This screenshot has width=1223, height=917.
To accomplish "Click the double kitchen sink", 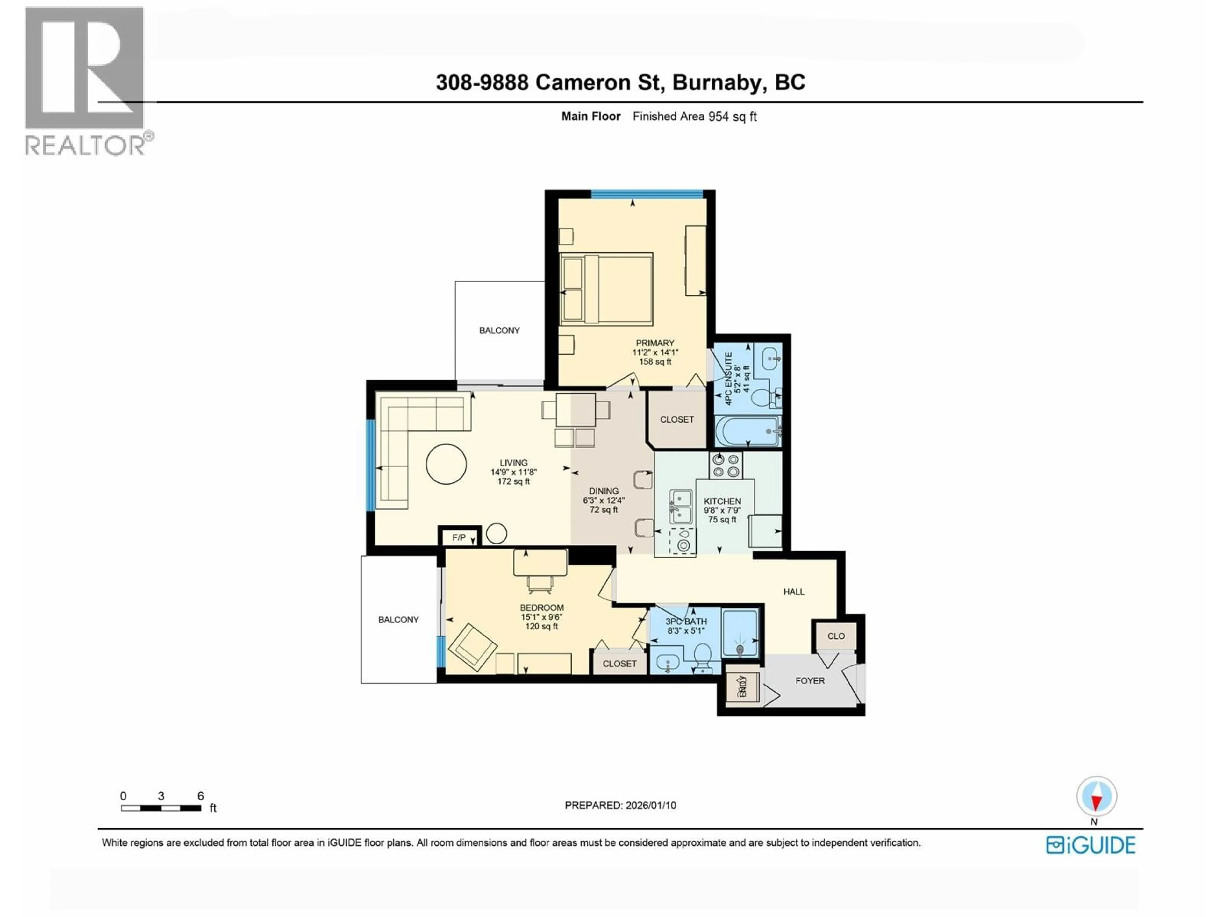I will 680,506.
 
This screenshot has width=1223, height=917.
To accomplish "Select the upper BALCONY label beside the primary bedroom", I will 499,331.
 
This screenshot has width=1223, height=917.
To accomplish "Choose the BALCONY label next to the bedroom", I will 398,620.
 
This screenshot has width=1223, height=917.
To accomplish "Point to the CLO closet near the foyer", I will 835,636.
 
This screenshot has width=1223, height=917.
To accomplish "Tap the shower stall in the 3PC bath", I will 740,633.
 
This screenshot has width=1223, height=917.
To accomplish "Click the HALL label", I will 793,592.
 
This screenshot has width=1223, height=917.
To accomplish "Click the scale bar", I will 161,807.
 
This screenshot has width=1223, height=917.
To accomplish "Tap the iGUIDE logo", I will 1090,845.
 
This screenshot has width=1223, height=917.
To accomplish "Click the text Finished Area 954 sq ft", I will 694,117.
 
